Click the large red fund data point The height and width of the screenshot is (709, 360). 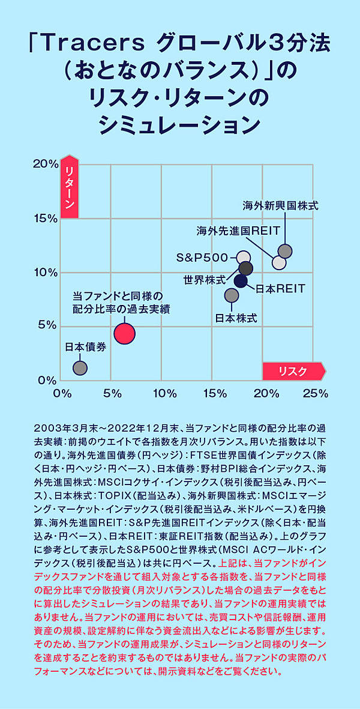(x=124, y=333)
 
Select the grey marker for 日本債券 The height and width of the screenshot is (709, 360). (x=80, y=368)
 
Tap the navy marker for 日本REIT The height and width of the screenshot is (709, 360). (x=241, y=280)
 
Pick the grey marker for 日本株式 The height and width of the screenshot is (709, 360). (x=232, y=295)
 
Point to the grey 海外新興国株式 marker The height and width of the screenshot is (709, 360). (x=285, y=251)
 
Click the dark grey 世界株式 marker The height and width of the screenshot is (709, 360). (x=246, y=268)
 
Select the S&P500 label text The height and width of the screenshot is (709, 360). (x=202, y=258)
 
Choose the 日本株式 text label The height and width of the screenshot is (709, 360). (x=236, y=318)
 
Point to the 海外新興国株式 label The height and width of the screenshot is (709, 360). (x=280, y=205)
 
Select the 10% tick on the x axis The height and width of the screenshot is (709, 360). (x=164, y=394)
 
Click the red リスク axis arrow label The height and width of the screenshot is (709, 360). (x=293, y=371)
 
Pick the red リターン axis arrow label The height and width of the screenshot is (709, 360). (x=70, y=190)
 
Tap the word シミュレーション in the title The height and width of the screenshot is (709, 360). (x=179, y=125)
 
